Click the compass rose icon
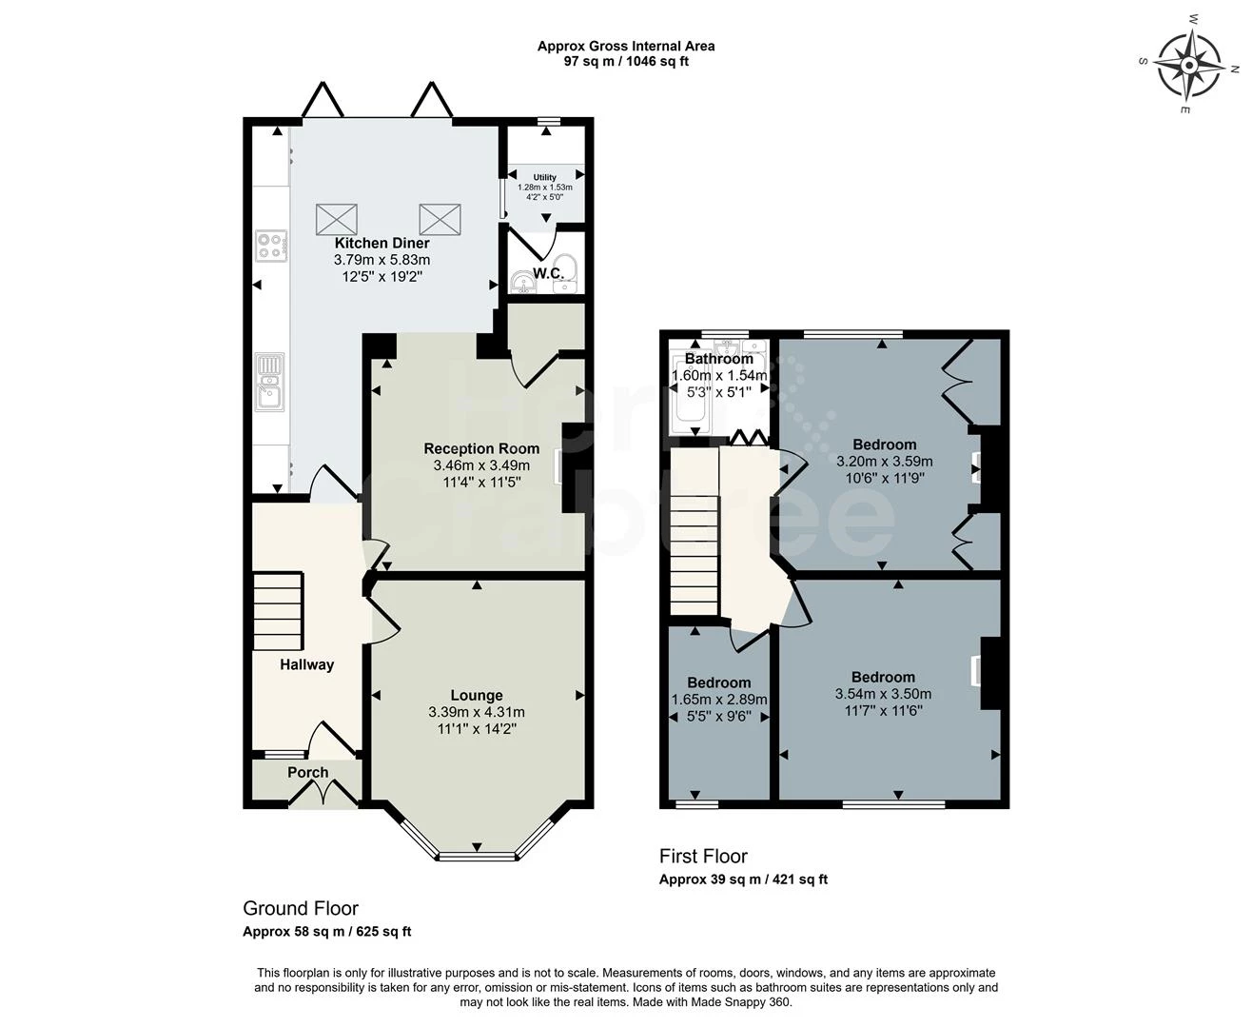pyautogui.click(x=1190, y=65)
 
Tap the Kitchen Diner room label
pyautogui.click(x=381, y=243)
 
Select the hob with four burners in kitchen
pyautogui.click(x=270, y=247)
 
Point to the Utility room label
pyautogui.click(x=544, y=177)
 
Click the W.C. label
pyautogui.click(x=548, y=274)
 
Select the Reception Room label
pyautogui.click(x=481, y=448)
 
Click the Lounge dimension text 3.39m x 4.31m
pyautogui.click(x=477, y=712)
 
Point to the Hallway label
pyautogui.click(x=306, y=664)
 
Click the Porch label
pyautogui.click(x=307, y=773)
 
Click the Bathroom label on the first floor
pyautogui.click(x=718, y=359)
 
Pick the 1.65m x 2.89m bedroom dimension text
pyautogui.click(x=719, y=700)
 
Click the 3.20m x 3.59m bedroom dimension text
pyautogui.click(x=884, y=461)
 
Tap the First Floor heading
pyautogui.click(x=703, y=857)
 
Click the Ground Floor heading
pyautogui.click(x=300, y=909)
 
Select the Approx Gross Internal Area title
pyautogui.click(x=625, y=46)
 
